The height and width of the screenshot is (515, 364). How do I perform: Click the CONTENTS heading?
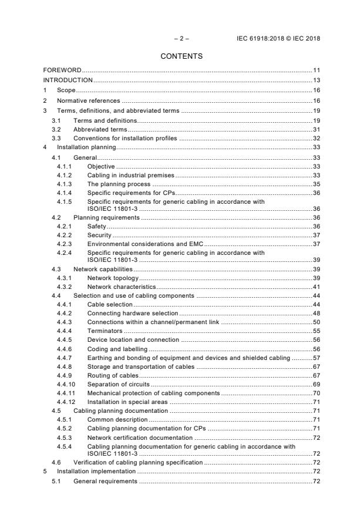[x=181, y=56]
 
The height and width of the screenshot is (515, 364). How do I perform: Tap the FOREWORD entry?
[x=62, y=70]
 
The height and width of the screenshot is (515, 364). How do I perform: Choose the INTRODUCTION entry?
[x=68, y=80]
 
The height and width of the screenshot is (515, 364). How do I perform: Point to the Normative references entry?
[x=89, y=100]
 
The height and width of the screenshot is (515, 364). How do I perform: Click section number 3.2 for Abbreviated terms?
[x=56, y=128]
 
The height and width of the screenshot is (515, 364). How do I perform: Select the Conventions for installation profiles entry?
[x=125, y=138]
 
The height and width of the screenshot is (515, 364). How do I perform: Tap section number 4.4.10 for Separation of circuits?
[x=66, y=384]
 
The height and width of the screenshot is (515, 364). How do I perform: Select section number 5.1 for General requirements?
[x=56, y=481]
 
